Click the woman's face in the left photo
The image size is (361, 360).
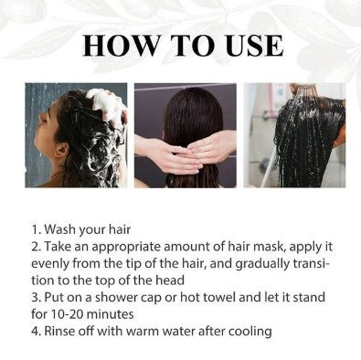click(x=48, y=128)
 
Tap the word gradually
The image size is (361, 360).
click(x=261, y=262)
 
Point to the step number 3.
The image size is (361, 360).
click(x=35, y=294)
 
